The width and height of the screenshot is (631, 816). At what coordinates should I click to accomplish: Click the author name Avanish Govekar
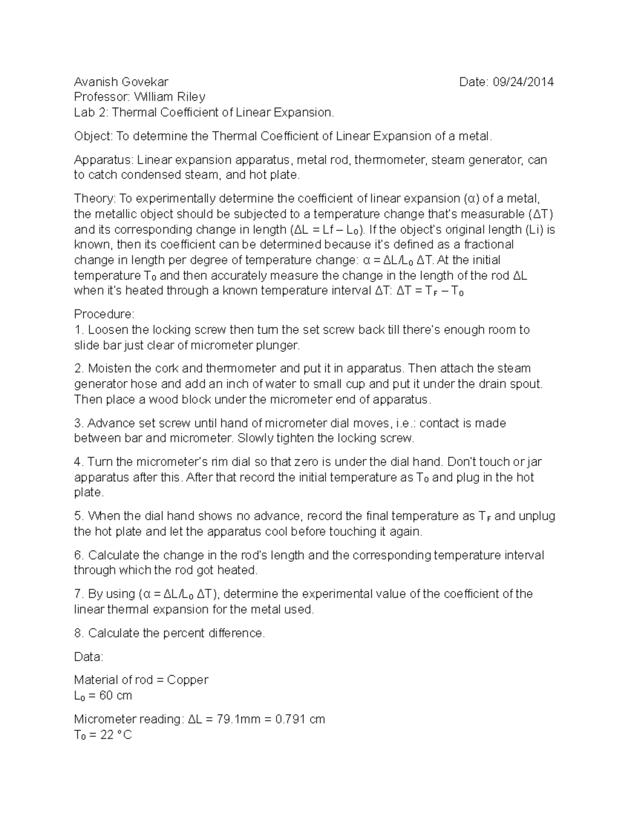coord(121,82)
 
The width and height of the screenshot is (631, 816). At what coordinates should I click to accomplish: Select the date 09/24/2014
coord(522,82)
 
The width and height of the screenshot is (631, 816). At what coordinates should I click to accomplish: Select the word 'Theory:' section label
coord(95,199)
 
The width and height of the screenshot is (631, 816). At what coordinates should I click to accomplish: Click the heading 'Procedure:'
coord(104,314)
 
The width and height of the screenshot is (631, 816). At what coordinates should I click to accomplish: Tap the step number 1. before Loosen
coord(79,330)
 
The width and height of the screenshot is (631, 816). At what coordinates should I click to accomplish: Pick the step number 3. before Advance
coord(79,424)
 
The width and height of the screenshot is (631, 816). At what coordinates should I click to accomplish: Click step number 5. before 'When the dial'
coord(79,516)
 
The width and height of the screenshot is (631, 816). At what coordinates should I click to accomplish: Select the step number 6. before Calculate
coord(79,555)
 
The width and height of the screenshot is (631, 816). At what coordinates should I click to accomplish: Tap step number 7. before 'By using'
coord(79,594)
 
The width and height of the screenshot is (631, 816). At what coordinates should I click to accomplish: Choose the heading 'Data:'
coord(89,657)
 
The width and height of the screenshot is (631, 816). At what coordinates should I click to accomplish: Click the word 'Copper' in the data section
coord(188,680)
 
